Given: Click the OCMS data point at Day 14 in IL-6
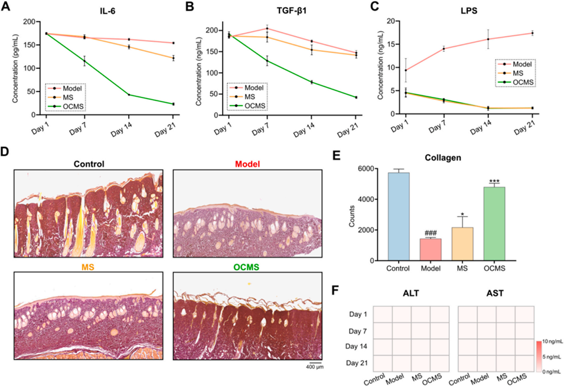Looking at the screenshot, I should pos(129,94).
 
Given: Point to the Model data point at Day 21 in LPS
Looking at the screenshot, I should pos(532,33).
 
